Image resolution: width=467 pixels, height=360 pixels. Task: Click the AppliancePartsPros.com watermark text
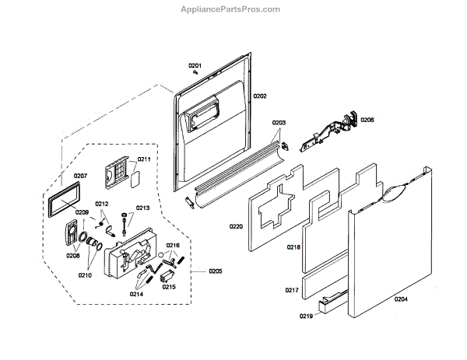(233, 9)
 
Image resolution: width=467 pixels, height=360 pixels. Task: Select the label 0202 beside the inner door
(260, 96)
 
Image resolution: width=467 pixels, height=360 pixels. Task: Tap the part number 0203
(279, 123)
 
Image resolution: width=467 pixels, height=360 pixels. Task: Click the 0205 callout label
(215, 271)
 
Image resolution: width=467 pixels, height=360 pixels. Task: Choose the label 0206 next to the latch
(367, 120)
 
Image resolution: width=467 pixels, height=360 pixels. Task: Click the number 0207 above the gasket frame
(80, 176)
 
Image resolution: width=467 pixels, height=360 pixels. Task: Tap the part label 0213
(143, 208)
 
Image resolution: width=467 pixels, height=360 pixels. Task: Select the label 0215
(169, 286)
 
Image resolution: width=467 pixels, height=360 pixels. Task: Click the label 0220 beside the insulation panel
(237, 226)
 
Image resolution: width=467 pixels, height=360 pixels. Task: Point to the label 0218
(293, 246)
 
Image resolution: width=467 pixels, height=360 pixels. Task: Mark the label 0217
(291, 289)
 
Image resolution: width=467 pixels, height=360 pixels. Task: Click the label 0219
(306, 316)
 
